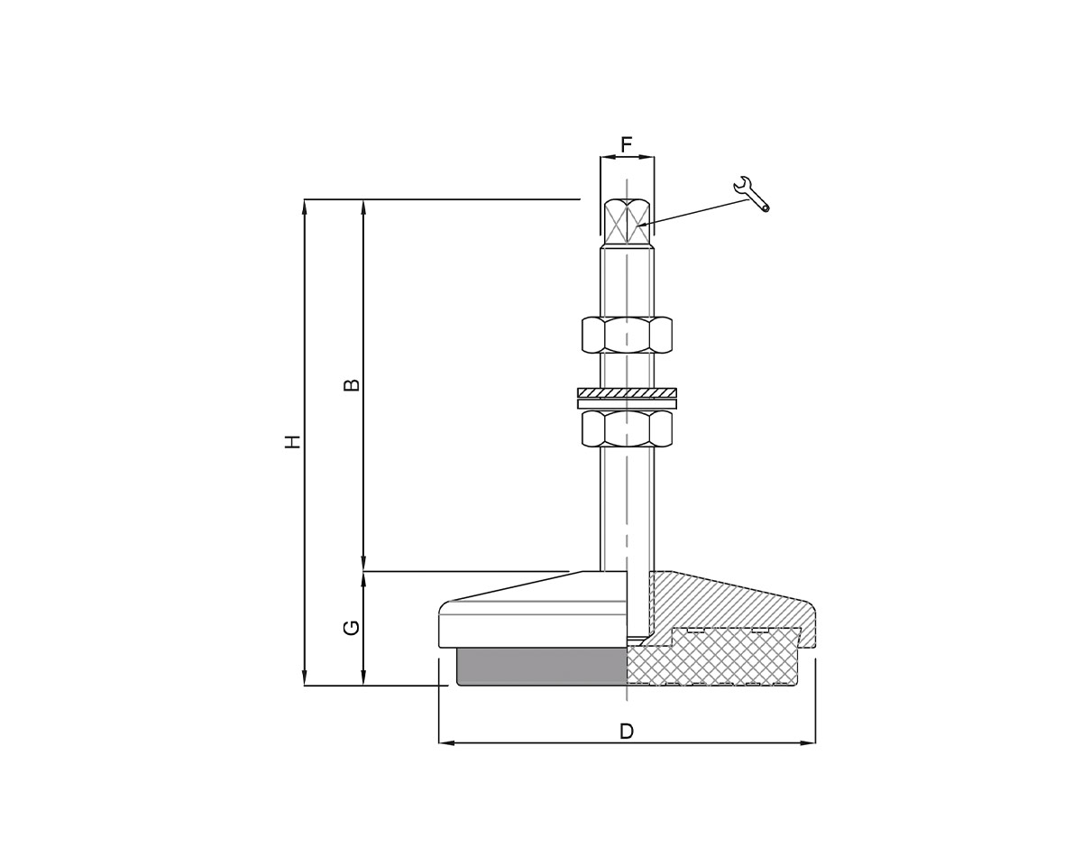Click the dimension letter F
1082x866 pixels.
click(627, 144)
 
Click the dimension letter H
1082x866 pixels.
click(292, 442)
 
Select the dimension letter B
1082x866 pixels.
click(353, 385)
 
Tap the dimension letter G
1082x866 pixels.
click(353, 627)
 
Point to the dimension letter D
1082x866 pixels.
click(627, 732)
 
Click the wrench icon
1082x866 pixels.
click(751, 193)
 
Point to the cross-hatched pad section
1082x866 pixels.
click(712, 663)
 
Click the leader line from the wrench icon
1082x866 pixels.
click(694, 212)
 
